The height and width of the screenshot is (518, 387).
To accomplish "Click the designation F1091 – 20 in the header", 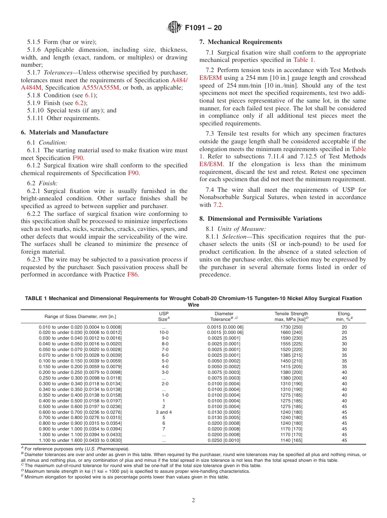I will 203,28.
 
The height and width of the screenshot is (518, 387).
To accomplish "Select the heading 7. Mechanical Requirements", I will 240,42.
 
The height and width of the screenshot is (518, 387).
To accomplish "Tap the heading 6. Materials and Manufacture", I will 64,132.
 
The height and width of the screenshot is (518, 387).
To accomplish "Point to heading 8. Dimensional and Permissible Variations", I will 260,219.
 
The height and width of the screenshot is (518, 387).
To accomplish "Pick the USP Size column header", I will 163,316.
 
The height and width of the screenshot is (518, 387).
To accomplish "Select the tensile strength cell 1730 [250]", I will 291,327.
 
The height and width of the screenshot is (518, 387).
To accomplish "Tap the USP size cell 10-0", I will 164,333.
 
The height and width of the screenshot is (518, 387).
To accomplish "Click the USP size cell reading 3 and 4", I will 164,412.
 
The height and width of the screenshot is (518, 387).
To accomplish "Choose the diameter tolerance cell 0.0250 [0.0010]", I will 224,441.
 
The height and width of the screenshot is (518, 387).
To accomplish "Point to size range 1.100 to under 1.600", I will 80,441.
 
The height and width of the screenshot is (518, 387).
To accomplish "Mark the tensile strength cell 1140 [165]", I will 291,441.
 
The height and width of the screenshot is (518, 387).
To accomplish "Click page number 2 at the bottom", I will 193,500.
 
